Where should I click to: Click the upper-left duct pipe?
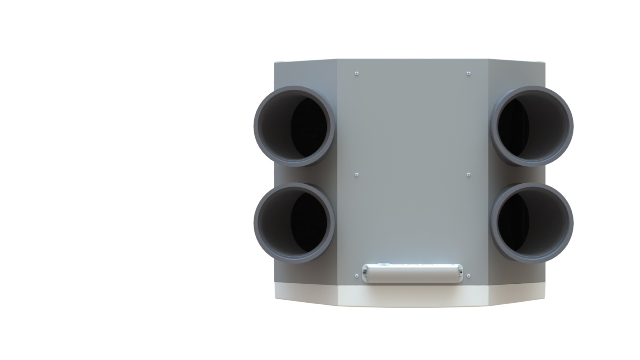(x=294, y=126)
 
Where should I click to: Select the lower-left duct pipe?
(x=294, y=223)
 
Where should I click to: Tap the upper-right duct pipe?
(x=532, y=126)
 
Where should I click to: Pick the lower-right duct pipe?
(x=532, y=223)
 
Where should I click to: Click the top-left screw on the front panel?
(x=356, y=74)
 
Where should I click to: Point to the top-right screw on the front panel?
(x=468, y=74)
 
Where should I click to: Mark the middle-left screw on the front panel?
(x=356, y=175)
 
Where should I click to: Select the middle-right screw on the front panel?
(x=468, y=175)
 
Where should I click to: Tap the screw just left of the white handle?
(x=356, y=276)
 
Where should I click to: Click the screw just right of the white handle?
(x=468, y=276)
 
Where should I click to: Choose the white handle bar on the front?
(x=412, y=274)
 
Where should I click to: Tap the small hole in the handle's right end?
(x=460, y=272)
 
